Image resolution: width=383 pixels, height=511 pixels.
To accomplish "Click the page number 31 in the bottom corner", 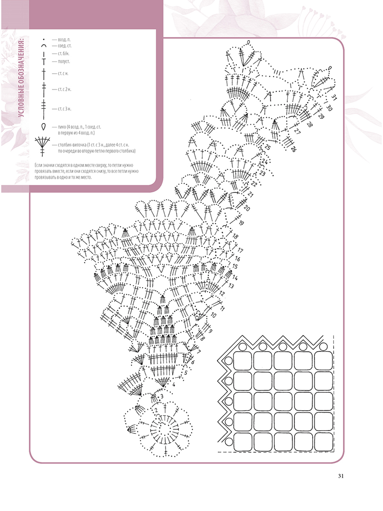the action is pos(340,476).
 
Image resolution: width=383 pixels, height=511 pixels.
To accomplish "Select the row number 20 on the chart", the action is pos(247,208).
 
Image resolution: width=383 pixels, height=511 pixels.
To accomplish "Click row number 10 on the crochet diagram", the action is pos(213,315).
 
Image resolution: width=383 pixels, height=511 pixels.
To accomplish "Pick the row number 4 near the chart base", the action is pos(173,384).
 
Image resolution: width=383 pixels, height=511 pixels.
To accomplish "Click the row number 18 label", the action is pos(235,237).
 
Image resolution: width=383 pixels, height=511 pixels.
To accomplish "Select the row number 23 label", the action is pos(262,174).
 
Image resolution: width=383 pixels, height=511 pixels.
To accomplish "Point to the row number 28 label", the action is pos(309,124).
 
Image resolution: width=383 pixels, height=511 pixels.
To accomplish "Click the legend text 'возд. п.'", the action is pos(64,40).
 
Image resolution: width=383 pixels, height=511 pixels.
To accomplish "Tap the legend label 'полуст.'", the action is pos(64,61).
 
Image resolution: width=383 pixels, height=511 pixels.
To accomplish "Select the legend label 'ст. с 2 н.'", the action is pos(64,89).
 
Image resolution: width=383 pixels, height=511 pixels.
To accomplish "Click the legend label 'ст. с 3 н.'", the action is pos(64,109).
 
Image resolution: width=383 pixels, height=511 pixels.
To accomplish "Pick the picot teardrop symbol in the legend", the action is pos(43,127).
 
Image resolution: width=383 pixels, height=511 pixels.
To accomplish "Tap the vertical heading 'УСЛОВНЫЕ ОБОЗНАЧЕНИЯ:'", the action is pos(21,78).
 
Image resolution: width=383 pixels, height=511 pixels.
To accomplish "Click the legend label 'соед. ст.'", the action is pos(65,46).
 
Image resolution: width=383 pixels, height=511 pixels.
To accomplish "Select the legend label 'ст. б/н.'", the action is pos(64,54).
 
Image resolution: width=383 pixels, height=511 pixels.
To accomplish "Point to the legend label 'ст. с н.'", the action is pos(63,74).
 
